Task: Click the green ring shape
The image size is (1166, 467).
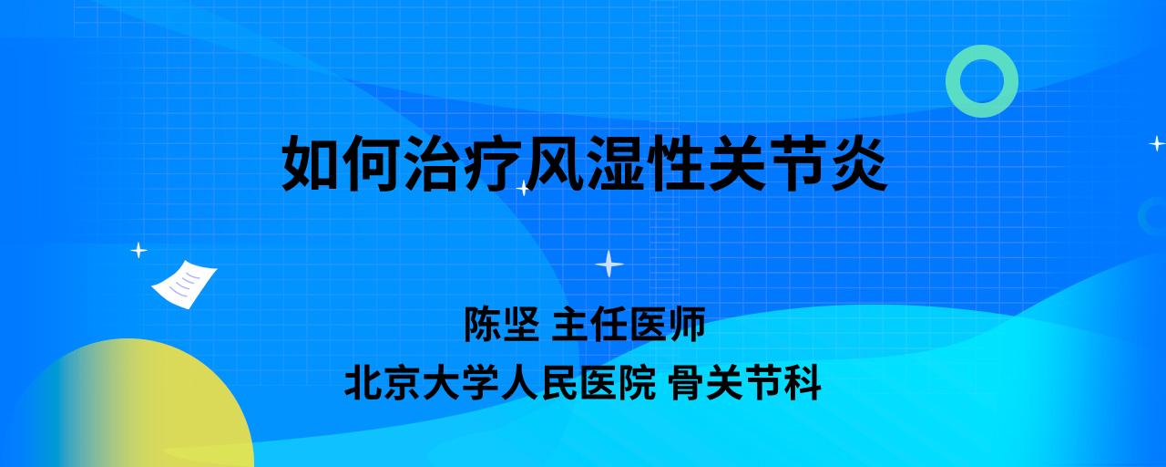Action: pyautogui.click(x=982, y=57)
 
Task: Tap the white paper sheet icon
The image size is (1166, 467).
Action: pyautogui.click(x=184, y=285)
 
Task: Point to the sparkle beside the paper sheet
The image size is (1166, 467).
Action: pyautogui.click(x=138, y=251)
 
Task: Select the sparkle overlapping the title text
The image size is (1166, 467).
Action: pyautogui.click(x=523, y=188)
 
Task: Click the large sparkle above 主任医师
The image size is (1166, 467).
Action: pyautogui.click(x=609, y=265)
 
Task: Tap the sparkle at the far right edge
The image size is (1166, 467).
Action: pyautogui.click(x=1157, y=143)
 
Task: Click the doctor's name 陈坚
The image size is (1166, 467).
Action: pyautogui.click(x=501, y=324)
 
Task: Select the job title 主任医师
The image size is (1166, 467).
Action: pyautogui.click(x=629, y=324)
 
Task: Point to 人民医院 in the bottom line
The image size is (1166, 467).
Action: pyautogui.click(x=578, y=382)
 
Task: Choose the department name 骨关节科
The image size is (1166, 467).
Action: pyautogui.click(x=745, y=382)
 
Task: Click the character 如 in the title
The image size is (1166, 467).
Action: pyautogui.click(x=311, y=163)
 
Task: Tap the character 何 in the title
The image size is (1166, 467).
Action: pyautogui.click(x=371, y=163)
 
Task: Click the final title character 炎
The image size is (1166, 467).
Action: pyautogui.click(x=859, y=163)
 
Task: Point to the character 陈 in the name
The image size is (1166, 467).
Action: pyautogui.click(x=482, y=324)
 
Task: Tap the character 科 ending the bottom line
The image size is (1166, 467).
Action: pyautogui.click(x=803, y=382)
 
